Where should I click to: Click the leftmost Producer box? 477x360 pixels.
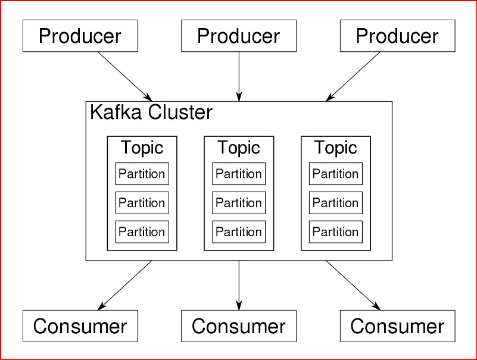(x=80, y=36)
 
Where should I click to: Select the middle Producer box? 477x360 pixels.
(x=239, y=36)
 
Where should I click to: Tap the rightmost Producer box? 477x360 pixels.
(x=397, y=36)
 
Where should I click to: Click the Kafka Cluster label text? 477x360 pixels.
(x=151, y=112)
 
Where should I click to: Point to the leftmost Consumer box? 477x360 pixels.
(x=80, y=326)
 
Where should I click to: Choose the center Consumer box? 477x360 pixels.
(x=239, y=326)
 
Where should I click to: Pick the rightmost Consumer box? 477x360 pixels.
(x=397, y=326)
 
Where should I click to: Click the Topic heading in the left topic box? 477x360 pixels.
(x=142, y=148)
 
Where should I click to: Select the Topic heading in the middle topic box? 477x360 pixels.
(x=239, y=148)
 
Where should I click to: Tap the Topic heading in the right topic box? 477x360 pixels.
(x=336, y=148)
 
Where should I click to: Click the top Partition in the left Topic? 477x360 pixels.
(x=142, y=174)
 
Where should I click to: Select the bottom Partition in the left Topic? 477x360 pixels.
(x=142, y=231)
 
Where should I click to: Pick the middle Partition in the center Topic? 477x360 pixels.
(x=239, y=202)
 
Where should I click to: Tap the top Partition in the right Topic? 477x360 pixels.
(x=336, y=174)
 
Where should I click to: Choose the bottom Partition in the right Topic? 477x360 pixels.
(x=336, y=231)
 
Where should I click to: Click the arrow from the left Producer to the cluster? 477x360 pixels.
(x=125, y=76)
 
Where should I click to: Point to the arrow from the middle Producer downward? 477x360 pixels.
(x=239, y=76)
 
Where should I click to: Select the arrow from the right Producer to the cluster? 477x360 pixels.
(x=353, y=76)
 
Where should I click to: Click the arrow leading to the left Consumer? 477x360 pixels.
(x=125, y=285)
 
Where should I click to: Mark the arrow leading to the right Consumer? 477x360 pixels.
(x=353, y=285)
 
